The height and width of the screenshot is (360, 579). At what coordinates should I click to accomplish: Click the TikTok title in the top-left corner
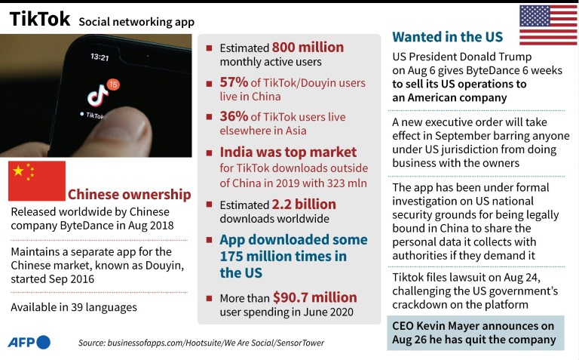coord(39,20)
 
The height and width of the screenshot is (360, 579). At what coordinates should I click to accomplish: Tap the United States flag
coord(547,26)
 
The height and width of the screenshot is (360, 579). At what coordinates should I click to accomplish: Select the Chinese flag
coord(36,181)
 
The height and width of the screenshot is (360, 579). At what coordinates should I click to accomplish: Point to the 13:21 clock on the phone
coord(100,57)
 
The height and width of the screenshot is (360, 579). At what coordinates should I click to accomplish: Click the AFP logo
coord(29,342)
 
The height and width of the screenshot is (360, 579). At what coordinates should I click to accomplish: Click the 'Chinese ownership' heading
coord(129,193)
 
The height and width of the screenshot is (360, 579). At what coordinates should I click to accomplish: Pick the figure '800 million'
coord(308,48)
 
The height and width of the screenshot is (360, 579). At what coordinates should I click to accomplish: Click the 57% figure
coord(233,82)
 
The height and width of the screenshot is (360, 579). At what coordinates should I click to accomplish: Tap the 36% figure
coord(233,116)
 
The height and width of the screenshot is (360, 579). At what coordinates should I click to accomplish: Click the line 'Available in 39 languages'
coord(74,307)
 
